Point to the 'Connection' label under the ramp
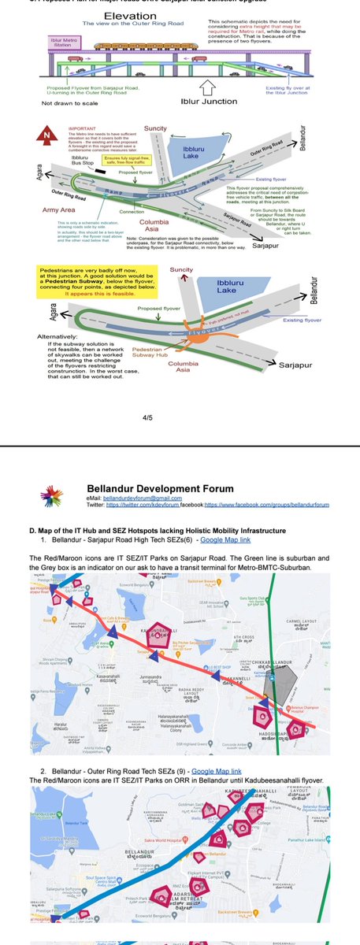pos(133,210)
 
